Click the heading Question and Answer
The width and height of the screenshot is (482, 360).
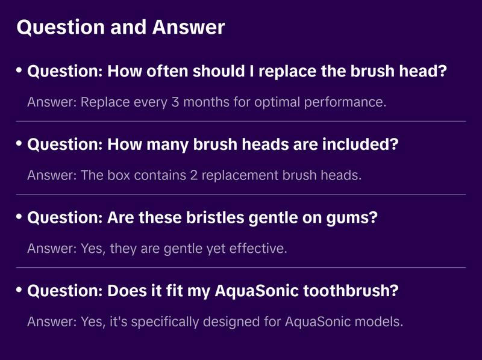tap(120, 27)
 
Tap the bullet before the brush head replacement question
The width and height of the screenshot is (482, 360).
tap(19, 71)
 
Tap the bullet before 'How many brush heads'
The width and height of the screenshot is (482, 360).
tap(19, 144)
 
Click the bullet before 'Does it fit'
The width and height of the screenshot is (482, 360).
tap(19, 290)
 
